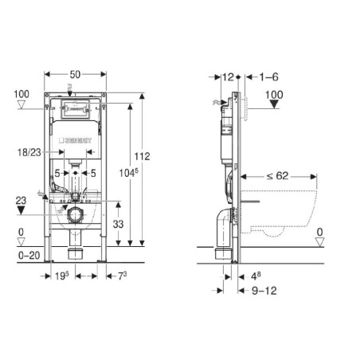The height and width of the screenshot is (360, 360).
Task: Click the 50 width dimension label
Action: tap(75, 75)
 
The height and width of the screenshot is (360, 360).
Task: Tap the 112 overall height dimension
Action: tap(142, 156)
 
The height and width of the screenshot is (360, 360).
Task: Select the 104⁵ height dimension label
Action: tap(128, 173)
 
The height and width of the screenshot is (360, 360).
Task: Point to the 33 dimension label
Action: tap(118, 224)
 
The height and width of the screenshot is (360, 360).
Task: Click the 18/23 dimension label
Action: tap(29, 152)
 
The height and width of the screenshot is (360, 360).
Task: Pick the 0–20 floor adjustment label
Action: tap(29, 256)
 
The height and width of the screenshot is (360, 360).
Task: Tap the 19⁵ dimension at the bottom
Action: tap(62, 276)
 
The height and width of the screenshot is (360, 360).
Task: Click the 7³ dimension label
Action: tap(122, 276)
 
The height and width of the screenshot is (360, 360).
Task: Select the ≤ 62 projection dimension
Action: tap(277, 176)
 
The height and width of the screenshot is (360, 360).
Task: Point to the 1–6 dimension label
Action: tap(268, 77)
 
